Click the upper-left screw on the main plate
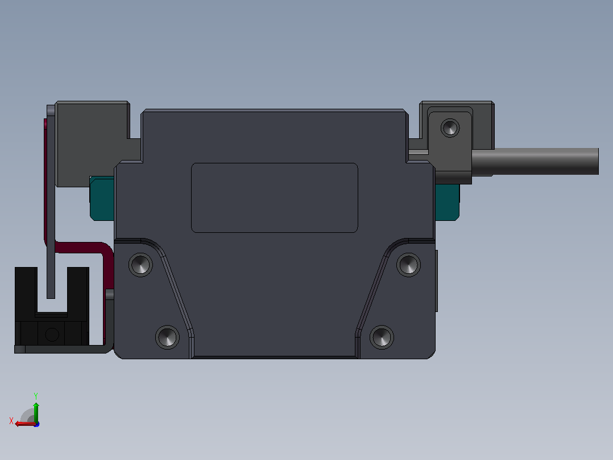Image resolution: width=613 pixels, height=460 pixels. pos(141,265)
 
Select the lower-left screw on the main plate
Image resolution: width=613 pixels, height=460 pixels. pos(167,337)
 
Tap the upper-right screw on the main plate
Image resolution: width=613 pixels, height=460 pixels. pos(408,265)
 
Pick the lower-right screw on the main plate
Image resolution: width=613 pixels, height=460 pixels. pos(382,337)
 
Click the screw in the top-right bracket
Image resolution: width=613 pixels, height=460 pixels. pos(450,128)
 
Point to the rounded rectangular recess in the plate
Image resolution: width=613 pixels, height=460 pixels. pos(275,198)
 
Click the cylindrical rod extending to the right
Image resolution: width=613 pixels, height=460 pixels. pos(535,161)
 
